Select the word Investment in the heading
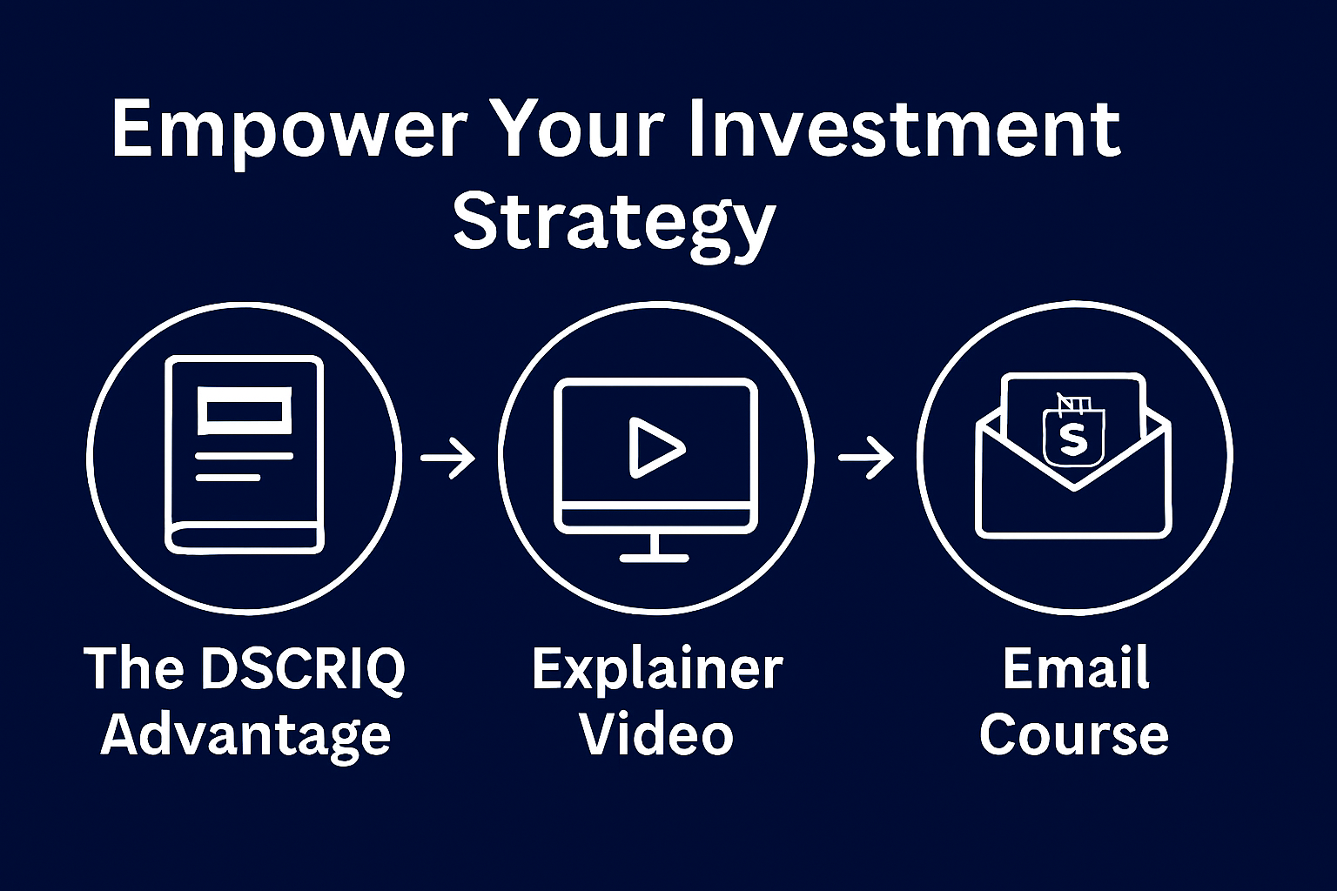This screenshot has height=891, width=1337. (x=904, y=129)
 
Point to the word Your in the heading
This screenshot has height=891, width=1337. (x=579, y=130)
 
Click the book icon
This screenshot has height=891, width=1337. (x=245, y=455)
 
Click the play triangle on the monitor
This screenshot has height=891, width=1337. (x=656, y=447)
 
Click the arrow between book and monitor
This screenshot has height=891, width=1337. (x=448, y=458)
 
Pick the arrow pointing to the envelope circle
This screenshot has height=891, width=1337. (x=867, y=458)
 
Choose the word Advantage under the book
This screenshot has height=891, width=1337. (x=245, y=736)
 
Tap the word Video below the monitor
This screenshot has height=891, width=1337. (x=657, y=734)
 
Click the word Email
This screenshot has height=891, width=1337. (x=1076, y=667)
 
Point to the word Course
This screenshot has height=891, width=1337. (x=1074, y=734)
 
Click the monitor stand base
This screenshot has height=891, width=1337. (x=655, y=559)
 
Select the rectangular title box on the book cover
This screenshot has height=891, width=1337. (x=245, y=411)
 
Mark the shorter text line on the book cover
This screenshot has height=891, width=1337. (x=228, y=478)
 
